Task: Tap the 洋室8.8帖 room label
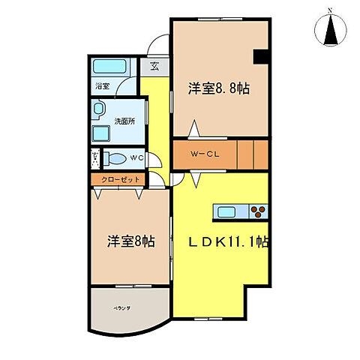(218, 88)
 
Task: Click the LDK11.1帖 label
(229, 242)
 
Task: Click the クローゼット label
(119, 180)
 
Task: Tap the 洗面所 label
(124, 120)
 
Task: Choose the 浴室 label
(101, 86)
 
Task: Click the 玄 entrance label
(154, 66)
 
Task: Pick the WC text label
(136, 159)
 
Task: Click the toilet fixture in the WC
(115, 159)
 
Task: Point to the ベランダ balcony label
(122, 307)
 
